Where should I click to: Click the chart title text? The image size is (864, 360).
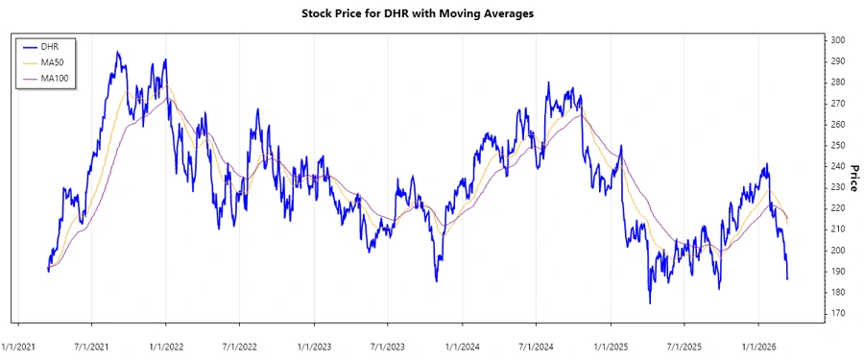tap(431, 13)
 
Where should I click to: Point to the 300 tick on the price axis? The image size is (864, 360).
tap(838, 40)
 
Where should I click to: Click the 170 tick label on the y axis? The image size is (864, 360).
tap(838, 314)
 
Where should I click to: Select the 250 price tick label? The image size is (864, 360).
tap(838, 146)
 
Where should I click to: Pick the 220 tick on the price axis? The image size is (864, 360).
tap(838, 208)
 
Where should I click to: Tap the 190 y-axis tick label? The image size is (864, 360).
tap(838, 272)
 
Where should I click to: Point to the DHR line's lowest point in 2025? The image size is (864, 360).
tap(650, 303)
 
